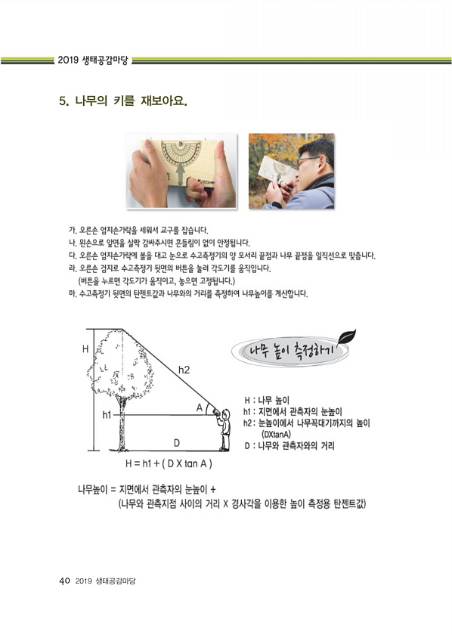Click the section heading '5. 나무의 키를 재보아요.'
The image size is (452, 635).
[x=123, y=101]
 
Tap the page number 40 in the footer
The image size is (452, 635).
[x=65, y=581]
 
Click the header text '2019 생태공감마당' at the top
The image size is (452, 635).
[x=93, y=60]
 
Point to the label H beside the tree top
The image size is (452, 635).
[x=85, y=348]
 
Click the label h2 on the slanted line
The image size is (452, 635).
[x=184, y=370]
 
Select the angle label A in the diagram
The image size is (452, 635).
[x=200, y=407]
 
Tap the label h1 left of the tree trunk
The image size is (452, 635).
[x=107, y=415]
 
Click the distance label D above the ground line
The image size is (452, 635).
[x=177, y=443]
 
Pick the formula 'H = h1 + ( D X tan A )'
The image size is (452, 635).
[x=169, y=463]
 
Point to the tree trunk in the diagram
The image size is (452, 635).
[x=122, y=424]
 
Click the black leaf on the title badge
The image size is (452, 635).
[x=347, y=336]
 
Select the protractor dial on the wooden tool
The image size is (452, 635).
[x=181, y=154]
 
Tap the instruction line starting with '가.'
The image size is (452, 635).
[x=139, y=231]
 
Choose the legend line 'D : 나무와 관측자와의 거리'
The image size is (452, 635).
[x=289, y=446]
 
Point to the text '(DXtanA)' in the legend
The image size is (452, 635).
[x=277, y=435]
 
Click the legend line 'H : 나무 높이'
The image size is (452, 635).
[x=267, y=401]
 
